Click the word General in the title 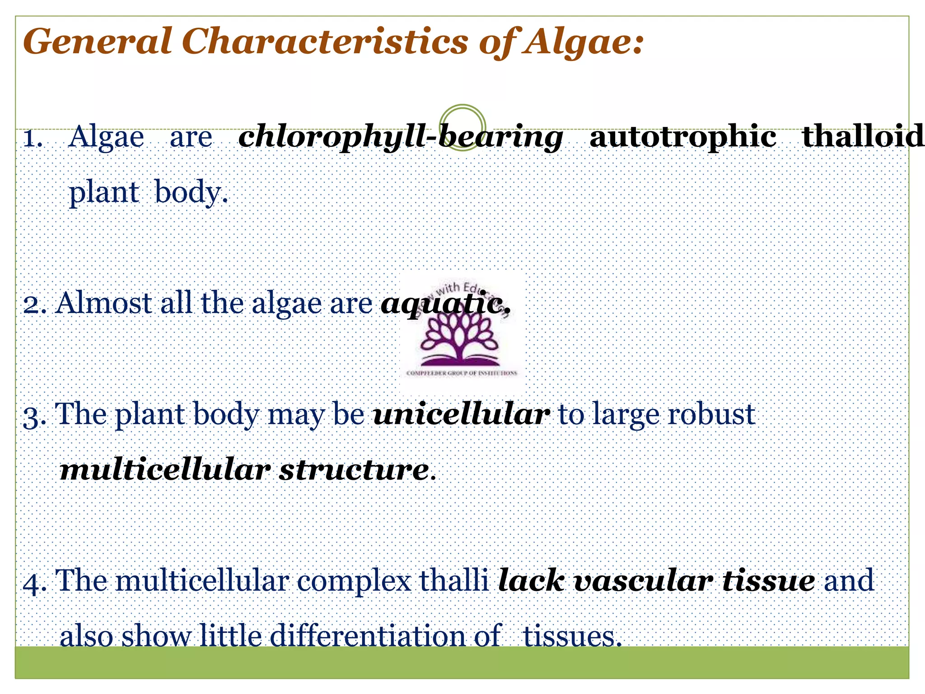[97, 42]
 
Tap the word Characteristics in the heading [324, 42]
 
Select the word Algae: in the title [582, 42]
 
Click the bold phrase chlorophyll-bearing [400, 137]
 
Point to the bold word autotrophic [682, 136]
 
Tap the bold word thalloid [862, 136]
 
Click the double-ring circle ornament [462, 127]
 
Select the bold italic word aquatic [445, 303]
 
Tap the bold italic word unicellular [461, 414]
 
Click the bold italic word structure [354, 470]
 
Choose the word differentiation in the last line [367, 636]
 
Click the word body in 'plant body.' [187, 192]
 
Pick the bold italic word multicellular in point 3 [165, 470]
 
